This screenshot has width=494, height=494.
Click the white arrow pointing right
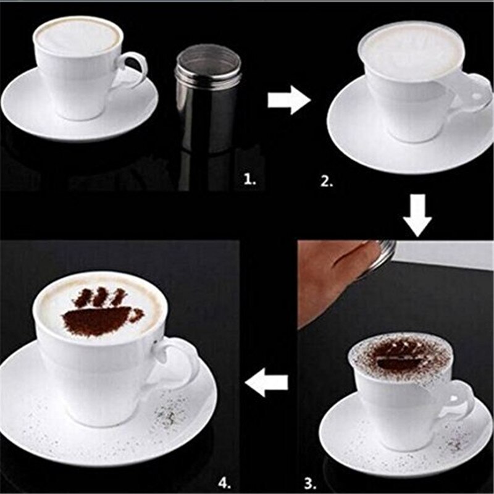point(288,99)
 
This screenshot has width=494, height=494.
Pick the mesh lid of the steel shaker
point(199,59)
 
